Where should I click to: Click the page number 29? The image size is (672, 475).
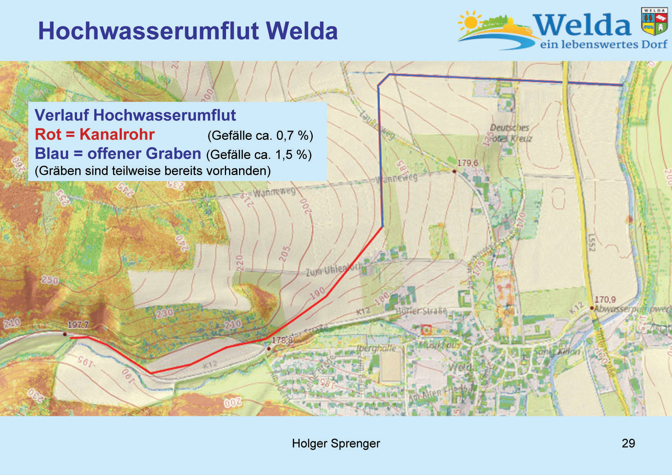coord(628,443)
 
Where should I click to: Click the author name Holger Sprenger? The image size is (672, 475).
coord(336,443)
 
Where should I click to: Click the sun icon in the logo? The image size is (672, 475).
coord(470,22)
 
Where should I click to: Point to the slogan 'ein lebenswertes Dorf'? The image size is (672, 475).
coord(603,44)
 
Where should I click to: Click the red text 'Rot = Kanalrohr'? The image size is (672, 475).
coord(95,134)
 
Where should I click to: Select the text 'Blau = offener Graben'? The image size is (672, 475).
coord(118,154)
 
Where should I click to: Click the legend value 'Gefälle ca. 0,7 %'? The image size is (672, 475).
coord(260,135)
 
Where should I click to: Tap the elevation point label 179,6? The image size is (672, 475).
coord(467,163)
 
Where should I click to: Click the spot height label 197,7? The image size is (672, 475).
coord(78,325)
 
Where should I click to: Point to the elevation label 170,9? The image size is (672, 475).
coord(605,299)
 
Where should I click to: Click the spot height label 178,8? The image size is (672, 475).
coord(282,340)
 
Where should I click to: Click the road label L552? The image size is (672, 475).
coord(591,242)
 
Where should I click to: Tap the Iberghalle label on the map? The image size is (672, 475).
coord(376,348)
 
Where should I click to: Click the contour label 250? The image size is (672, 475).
coord(50,280)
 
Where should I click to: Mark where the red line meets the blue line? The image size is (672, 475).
coord(382,227)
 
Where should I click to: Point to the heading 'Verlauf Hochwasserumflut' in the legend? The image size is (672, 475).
coord(135,115)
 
